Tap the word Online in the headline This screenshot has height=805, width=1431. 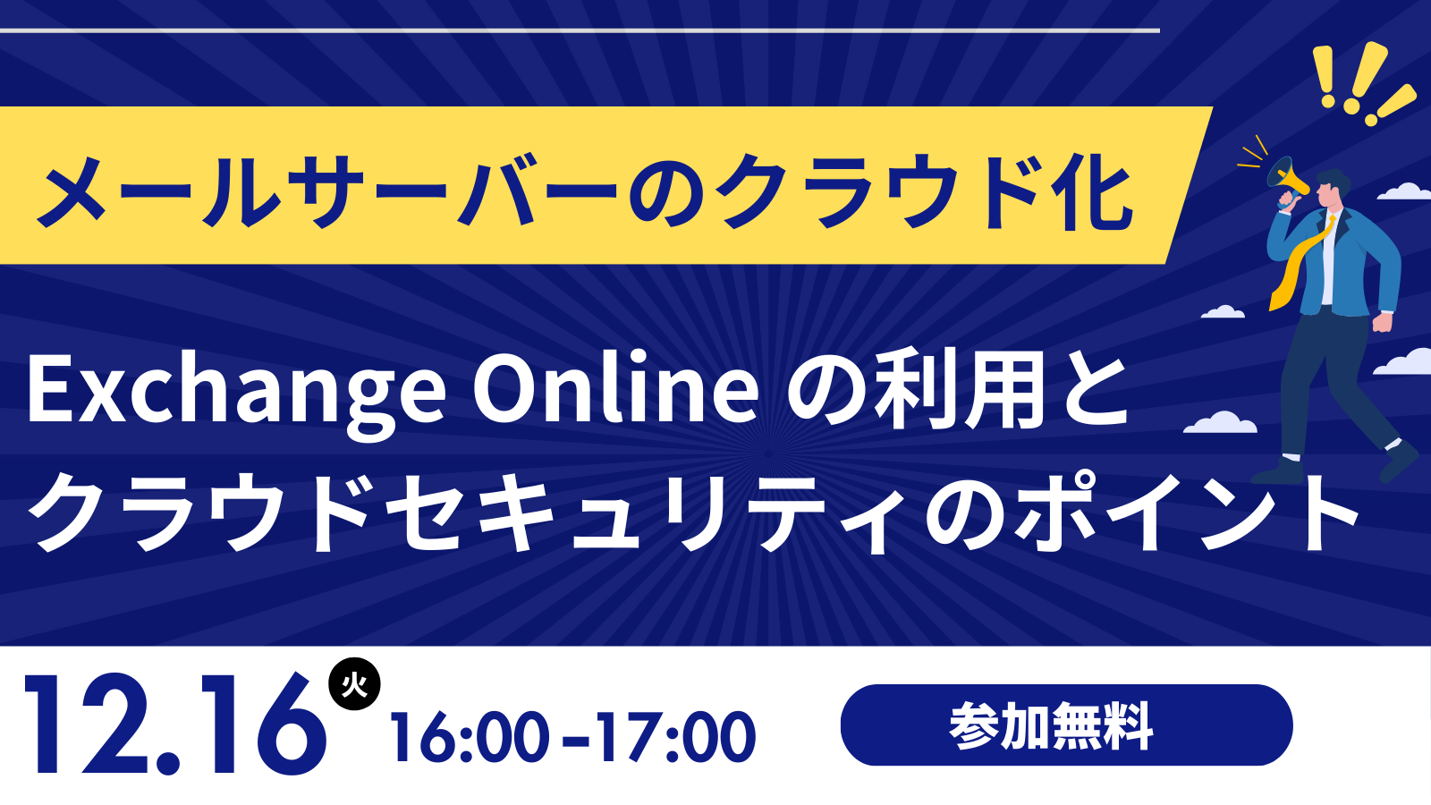tap(615, 388)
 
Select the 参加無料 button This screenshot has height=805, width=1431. tap(1066, 725)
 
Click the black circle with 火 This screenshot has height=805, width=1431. tap(354, 684)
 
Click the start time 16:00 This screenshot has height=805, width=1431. tap(470, 737)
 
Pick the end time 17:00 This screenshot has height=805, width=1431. tap(675, 737)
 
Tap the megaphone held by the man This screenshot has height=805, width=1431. tap(1288, 181)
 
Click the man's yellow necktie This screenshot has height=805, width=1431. tap(1301, 264)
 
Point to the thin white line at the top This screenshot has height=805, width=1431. tap(580, 30)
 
